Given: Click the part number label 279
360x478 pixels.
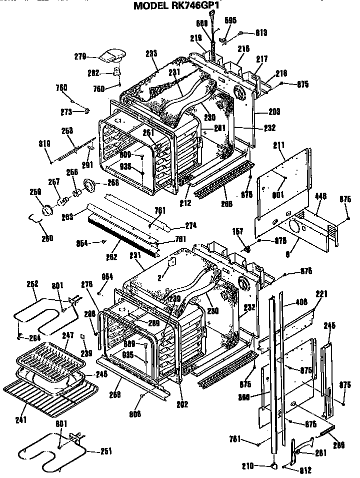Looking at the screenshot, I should pos(81,56).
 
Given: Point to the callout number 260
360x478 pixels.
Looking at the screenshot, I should pos(47,238).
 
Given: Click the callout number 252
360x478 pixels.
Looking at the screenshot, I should pos(32,283).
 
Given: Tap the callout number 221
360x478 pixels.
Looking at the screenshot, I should pos(321,294).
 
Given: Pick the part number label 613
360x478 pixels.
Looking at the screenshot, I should pos(260,33).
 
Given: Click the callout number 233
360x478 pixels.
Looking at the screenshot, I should pos(152,53).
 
